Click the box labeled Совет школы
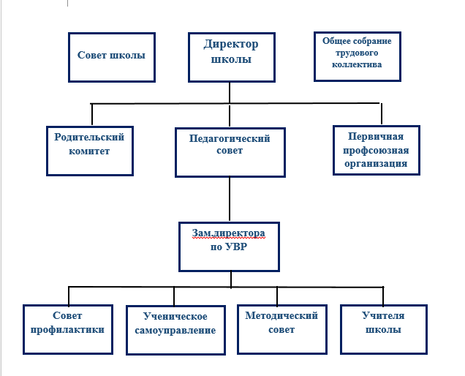[x=112, y=57]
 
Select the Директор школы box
[x=232, y=57]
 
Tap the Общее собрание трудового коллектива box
[x=358, y=56]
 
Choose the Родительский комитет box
[x=90, y=151]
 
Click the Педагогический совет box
[x=230, y=153]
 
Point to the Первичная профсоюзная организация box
[x=377, y=151]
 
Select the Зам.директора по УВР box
[x=230, y=247]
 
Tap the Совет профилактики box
[x=68, y=329]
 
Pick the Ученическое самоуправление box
[x=175, y=330]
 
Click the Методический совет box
[x=282, y=329]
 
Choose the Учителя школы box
[x=384, y=329]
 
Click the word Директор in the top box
[x=231, y=44]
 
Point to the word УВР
[x=236, y=247]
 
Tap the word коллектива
[x=357, y=64]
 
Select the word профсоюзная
[x=376, y=151]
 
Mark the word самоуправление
[x=175, y=331]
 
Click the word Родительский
[x=89, y=137]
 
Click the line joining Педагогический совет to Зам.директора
[x=230, y=200]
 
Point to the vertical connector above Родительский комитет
[x=92, y=115]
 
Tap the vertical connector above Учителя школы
[x=383, y=296]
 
